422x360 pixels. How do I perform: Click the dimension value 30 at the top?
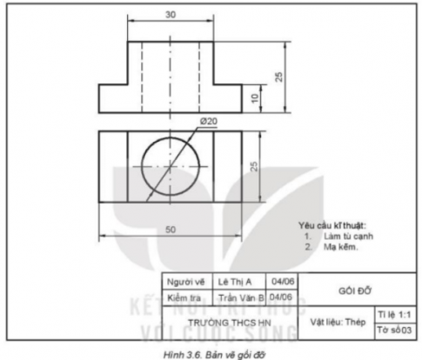170,13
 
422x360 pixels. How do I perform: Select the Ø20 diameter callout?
208,122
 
